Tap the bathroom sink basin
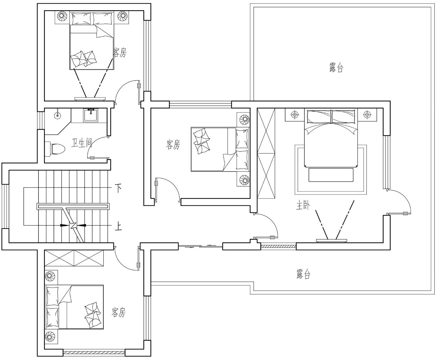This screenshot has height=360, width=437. click(91, 115)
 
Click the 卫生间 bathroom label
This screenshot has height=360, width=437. click(82, 143)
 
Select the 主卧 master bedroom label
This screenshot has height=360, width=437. click(303, 205)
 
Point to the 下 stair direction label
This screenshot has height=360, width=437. click(118, 188)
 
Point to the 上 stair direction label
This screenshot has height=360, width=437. click(118, 227)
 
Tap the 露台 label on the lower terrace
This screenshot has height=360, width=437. click(303, 274)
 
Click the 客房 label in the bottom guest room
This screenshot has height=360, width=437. click(119, 312)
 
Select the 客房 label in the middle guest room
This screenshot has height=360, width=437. click(173, 144)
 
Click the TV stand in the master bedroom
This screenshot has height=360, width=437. click(331, 241)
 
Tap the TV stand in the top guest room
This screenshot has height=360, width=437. click(90, 98)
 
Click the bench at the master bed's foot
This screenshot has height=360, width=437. click(331, 175)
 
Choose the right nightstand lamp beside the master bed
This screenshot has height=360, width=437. click(367, 114)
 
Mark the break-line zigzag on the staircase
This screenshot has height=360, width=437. click(73, 226)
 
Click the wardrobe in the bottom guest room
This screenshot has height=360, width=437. click(74, 258)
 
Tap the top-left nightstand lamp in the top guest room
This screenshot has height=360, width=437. click(62, 16)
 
